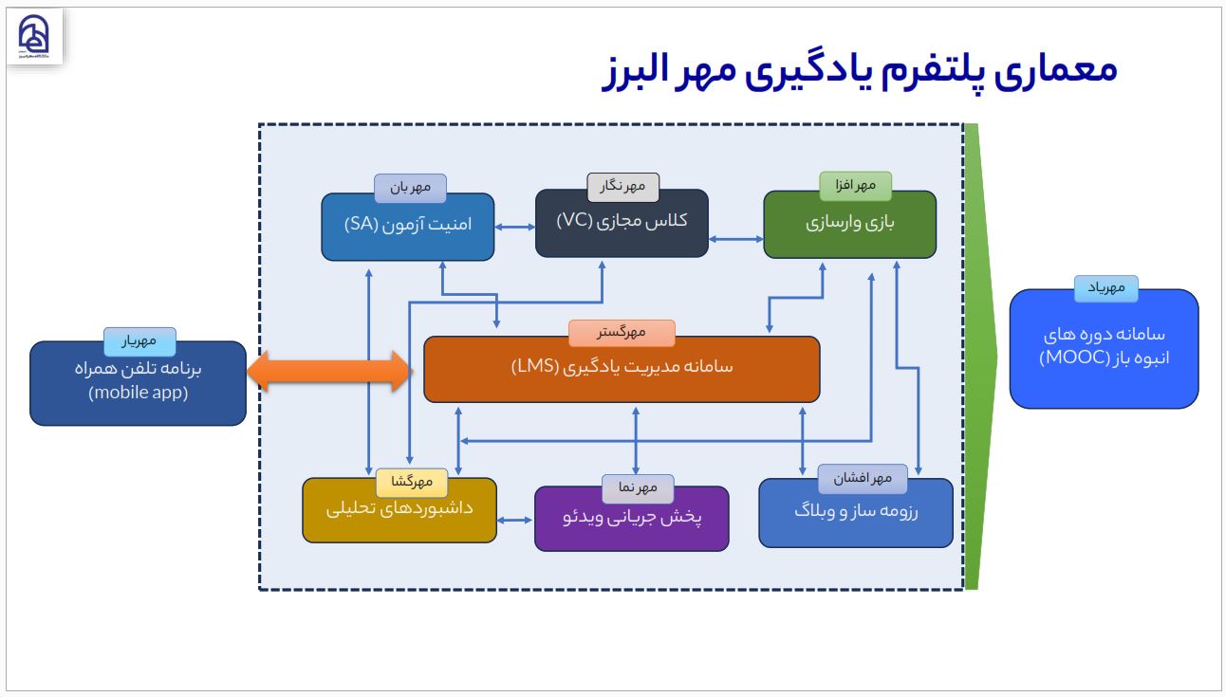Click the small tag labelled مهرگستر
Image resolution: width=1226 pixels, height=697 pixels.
pos(622,333)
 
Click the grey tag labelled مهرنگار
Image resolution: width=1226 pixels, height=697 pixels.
pos(622,187)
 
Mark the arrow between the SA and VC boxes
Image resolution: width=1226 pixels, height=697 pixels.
pos(515,228)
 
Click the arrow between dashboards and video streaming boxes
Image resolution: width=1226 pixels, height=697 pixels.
pos(515,520)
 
